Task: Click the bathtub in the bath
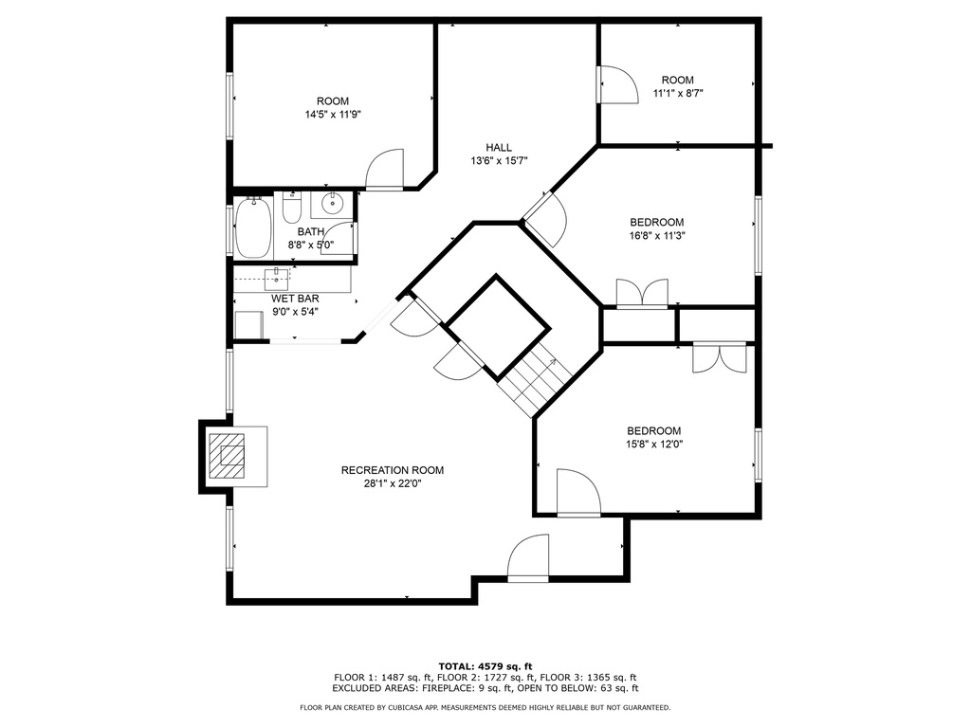(253, 227)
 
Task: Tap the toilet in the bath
(292, 208)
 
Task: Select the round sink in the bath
(333, 203)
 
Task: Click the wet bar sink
(276, 280)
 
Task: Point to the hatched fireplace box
(227, 456)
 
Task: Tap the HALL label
(499, 147)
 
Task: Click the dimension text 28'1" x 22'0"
(393, 483)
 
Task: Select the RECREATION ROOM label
(393, 470)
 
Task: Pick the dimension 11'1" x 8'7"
(678, 94)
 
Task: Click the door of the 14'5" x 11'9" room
(385, 169)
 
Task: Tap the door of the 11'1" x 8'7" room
(617, 84)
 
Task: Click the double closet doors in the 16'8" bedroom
(642, 293)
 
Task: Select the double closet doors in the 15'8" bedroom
(720, 357)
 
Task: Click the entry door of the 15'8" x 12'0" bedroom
(579, 493)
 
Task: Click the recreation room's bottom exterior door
(528, 558)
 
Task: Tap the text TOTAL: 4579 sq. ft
(485, 666)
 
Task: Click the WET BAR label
(296, 299)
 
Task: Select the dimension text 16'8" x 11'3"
(657, 235)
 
